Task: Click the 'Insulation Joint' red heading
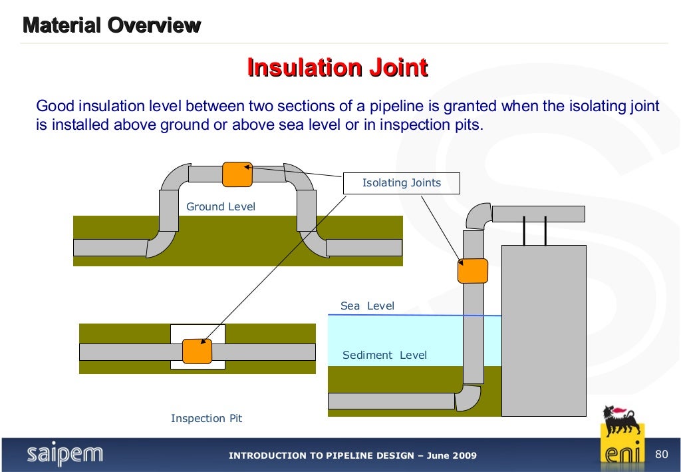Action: pos(337,68)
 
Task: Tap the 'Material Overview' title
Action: pos(112,26)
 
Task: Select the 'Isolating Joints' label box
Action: pos(401,183)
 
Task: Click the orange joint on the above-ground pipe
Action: pos(237,174)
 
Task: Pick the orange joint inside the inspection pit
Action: pos(198,352)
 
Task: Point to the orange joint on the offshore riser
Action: pos(473,271)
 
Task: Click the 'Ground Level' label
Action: pos(220,206)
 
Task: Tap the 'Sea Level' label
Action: pos(367,306)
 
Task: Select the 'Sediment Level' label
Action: pos(384,355)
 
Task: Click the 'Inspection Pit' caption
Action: pos(206,418)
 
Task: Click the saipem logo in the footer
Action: pos(65,455)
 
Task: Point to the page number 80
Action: pos(661,455)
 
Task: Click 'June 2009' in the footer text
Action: pos(452,455)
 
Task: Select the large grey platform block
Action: pos(543,330)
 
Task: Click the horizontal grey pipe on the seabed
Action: pos(391,401)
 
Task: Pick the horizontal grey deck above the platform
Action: pos(538,214)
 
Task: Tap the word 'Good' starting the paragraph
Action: pos(55,107)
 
